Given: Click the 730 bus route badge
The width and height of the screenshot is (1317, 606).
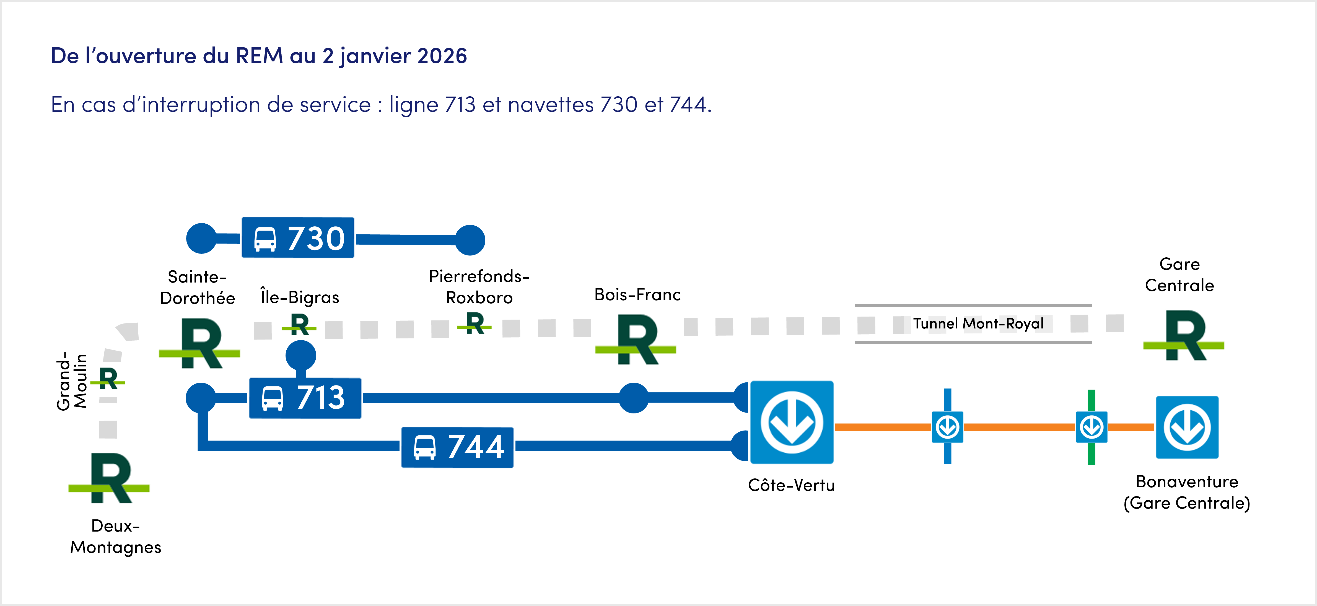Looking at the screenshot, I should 297,238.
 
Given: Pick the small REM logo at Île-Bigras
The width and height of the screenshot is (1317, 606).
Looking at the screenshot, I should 300,324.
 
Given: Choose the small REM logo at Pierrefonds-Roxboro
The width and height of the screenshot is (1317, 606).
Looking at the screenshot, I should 475,323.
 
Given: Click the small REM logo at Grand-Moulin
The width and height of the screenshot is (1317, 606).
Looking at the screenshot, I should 108,379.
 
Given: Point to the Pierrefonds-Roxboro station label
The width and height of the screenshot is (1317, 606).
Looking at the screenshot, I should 479,287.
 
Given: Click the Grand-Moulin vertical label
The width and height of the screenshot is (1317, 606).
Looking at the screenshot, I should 72,381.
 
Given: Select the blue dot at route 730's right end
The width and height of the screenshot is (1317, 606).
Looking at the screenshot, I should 470,240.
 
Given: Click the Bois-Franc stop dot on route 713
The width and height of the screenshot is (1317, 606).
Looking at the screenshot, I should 633,398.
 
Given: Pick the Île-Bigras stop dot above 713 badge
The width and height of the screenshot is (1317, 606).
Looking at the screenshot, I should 301,355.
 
